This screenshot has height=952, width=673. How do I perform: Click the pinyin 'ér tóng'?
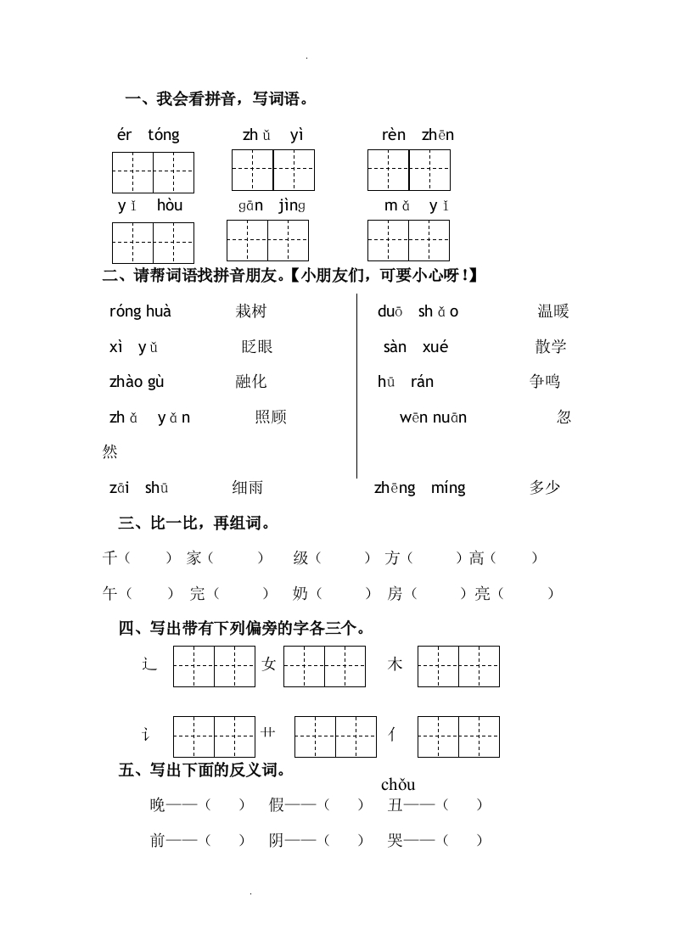(x=149, y=135)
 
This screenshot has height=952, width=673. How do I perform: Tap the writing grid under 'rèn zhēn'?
(x=408, y=170)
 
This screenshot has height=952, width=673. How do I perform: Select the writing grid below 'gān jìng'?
(x=267, y=240)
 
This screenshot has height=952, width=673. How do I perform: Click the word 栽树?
(x=251, y=311)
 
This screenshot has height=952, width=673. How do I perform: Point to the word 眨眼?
(x=256, y=346)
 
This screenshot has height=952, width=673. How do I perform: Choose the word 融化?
(x=251, y=382)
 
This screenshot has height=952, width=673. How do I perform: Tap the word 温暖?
(x=553, y=311)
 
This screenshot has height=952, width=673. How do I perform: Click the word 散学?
(x=551, y=346)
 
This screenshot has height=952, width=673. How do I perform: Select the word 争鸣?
(x=545, y=382)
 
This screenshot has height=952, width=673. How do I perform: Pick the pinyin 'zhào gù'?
(x=137, y=382)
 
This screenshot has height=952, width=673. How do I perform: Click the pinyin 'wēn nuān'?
(x=433, y=417)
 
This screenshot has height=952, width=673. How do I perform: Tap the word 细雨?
(x=248, y=487)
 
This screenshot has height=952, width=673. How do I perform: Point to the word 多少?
(x=545, y=487)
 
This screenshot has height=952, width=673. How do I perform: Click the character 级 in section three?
(x=300, y=558)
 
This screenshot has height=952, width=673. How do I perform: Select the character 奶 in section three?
(x=300, y=594)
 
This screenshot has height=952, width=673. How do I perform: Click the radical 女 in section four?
(x=270, y=665)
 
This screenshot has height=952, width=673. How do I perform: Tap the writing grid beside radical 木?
(x=458, y=666)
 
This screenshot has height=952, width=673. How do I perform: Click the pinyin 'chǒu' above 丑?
(x=398, y=785)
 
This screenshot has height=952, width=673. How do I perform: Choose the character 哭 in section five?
(x=395, y=841)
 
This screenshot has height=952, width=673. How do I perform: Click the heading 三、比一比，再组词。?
(x=194, y=524)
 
